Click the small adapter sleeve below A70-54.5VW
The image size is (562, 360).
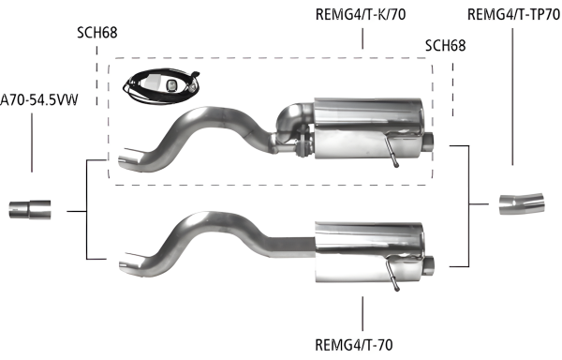(x=31, y=208)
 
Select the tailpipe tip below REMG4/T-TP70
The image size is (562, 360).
(x=516, y=202)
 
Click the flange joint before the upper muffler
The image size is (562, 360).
(x=301, y=146)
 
